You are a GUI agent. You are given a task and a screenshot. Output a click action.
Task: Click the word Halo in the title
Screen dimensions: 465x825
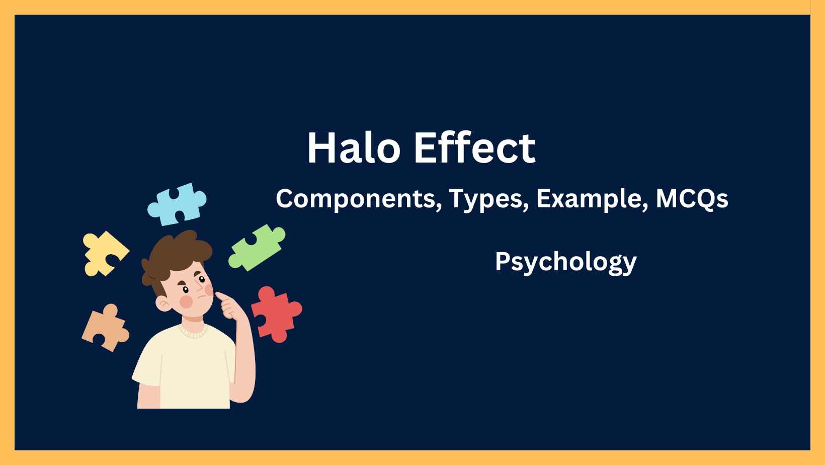(x=354, y=148)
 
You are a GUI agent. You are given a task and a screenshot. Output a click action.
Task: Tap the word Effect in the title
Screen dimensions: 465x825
(x=474, y=148)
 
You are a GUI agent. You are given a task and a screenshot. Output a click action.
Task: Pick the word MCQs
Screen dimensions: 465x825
(x=692, y=199)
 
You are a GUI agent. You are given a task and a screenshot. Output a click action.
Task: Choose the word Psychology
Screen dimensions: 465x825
(x=565, y=262)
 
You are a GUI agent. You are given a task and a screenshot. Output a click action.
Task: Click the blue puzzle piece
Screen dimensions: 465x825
(x=177, y=204)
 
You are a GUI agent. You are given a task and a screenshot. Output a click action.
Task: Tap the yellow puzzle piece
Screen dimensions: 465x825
(x=104, y=253)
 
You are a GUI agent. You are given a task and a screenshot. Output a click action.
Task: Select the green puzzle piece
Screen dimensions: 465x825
(x=257, y=247)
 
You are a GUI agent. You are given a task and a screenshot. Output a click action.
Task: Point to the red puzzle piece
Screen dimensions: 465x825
(x=275, y=314)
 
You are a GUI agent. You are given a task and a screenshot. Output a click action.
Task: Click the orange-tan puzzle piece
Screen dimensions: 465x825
(x=105, y=328)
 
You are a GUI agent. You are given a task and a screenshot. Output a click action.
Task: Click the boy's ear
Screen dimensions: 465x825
(x=163, y=303)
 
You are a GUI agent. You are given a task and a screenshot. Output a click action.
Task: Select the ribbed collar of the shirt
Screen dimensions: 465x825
(x=193, y=331)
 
